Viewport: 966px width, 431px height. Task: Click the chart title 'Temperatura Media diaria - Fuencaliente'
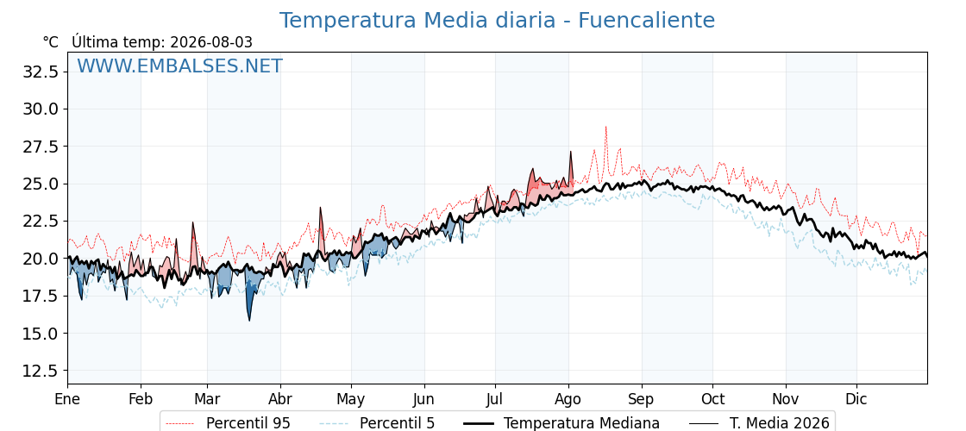497,21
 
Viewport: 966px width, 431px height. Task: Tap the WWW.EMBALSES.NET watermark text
179,66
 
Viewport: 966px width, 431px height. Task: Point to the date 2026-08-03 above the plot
211,42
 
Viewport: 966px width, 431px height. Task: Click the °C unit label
51,42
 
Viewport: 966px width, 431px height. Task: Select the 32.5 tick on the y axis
40,72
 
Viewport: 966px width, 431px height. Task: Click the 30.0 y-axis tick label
40,109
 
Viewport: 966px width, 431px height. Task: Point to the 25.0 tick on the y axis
40,184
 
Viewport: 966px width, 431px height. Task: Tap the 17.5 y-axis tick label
40,297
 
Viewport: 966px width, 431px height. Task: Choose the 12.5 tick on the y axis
40,371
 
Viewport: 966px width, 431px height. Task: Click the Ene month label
68,400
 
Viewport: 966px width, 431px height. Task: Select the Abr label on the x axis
280,400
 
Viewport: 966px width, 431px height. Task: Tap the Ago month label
568,400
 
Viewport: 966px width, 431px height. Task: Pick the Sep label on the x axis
642,400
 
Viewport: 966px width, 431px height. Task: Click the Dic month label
856,400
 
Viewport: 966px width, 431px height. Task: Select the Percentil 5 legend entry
377,423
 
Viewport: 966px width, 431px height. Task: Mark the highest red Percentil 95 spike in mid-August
605,127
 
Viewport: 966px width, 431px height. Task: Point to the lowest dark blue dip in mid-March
249,320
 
